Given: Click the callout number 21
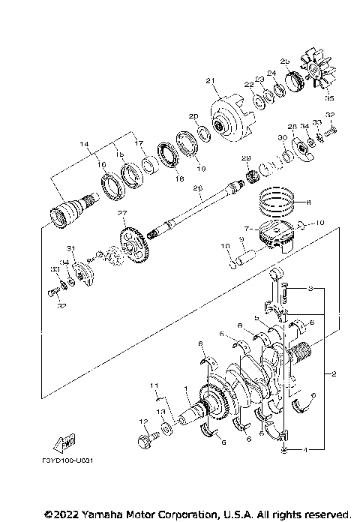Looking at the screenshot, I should click(x=210, y=81).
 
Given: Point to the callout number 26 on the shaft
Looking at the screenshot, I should click(x=198, y=189).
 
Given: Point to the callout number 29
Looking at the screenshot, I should click(x=244, y=158).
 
